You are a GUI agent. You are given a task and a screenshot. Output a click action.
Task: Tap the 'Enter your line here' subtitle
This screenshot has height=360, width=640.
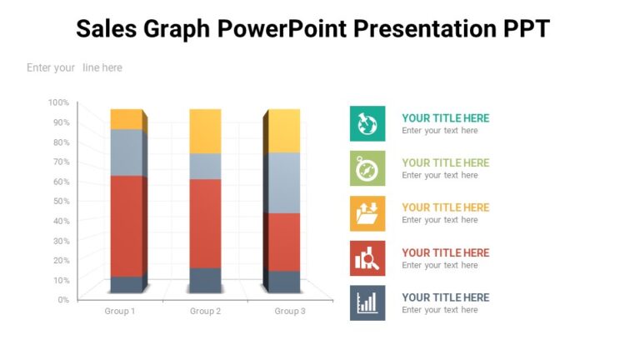(x=74, y=67)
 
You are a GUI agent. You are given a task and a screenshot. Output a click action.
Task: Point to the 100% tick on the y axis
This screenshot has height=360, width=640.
(x=58, y=102)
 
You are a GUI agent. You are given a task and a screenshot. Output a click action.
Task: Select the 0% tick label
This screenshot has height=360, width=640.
(x=62, y=299)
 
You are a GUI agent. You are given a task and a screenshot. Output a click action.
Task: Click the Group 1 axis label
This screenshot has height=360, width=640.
(x=119, y=311)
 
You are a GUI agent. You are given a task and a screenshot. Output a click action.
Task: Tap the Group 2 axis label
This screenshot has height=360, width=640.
(x=205, y=311)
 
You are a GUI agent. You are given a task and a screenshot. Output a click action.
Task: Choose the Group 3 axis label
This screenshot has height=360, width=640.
(x=290, y=311)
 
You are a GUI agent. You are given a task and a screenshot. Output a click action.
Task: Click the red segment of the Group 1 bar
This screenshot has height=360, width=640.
(x=126, y=225)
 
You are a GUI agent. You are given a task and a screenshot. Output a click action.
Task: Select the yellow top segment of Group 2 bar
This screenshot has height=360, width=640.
(x=205, y=130)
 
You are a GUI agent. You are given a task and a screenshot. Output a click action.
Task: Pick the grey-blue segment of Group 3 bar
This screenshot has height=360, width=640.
(x=283, y=182)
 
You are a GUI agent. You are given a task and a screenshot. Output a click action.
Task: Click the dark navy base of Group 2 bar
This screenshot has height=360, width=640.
(x=205, y=279)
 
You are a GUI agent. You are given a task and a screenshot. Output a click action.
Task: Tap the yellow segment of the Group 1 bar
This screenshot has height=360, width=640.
(x=126, y=118)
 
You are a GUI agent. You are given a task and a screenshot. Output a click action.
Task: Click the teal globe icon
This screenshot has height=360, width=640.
(x=367, y=123)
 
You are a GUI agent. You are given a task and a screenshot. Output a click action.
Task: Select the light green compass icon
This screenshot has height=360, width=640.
(x=367, y=168)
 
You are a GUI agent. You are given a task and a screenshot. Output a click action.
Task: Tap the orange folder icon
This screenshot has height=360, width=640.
(x=367, y=213)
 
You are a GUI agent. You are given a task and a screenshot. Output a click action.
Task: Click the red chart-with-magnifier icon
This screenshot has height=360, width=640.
(x=367, y=258)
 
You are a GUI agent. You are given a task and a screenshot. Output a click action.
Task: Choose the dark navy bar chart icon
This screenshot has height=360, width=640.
(x=367, y=303)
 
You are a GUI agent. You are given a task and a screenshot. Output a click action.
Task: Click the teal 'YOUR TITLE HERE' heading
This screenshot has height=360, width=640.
(x=445, y=118)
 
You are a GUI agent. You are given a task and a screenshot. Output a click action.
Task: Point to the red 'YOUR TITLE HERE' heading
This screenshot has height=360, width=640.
(x=445, y=252)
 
